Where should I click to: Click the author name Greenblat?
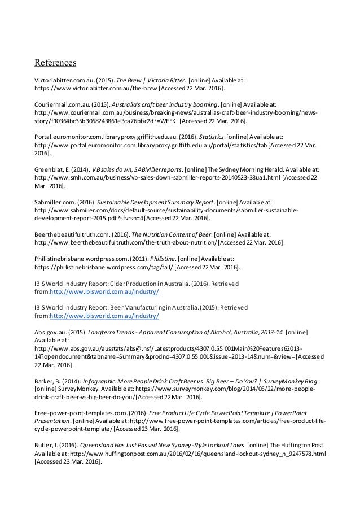point(51,169)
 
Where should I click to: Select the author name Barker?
point(46,382)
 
